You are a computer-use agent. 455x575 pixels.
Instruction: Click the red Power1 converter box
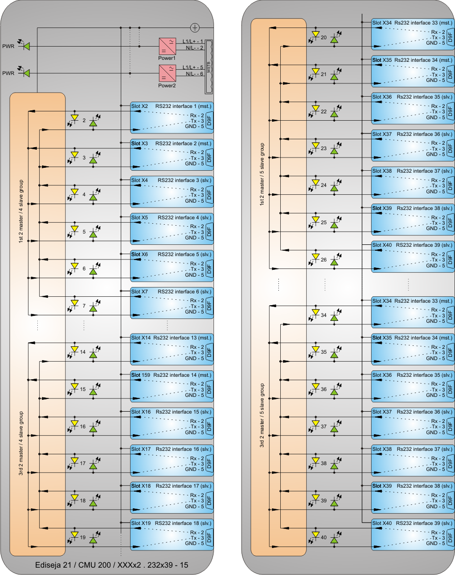(x=167, y=46)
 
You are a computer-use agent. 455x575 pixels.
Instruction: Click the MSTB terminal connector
(x=209, y=67)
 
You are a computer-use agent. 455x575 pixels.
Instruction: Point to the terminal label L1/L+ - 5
(x=193, y=68)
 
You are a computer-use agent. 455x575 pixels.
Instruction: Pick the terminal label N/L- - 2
(x=194, y=48)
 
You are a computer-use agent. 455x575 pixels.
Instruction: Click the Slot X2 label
(x=139, y=106)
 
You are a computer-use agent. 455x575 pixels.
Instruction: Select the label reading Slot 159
(x=140, y=375)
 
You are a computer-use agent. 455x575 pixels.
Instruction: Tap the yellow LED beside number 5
(x=75, y=229)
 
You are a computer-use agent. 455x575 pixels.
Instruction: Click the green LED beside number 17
(x=93, y=467)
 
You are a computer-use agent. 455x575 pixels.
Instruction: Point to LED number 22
(x=323, y=111)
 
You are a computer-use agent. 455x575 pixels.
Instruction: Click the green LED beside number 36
(x=334, y=392)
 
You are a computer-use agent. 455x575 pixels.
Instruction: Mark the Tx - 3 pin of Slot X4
(x=196, y=195)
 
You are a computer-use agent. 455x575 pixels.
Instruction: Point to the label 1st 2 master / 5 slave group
(x=262, y=174)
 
